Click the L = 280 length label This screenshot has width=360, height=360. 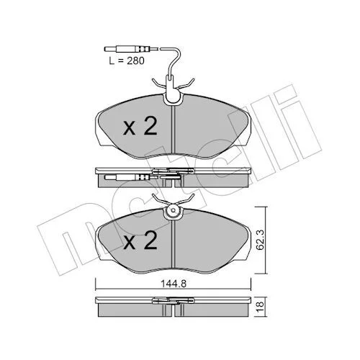point(127,60)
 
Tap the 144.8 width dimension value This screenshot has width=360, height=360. point(174,284)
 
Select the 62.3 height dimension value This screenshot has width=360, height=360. point(260,240)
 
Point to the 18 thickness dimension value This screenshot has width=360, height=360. point(261,307)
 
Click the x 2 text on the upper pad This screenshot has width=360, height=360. point(140,126)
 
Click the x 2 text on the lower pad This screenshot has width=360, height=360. point(140,240)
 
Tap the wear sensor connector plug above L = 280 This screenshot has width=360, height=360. point(131,49)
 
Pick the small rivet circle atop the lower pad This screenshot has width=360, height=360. point(173,210)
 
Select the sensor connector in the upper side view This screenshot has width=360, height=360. point(131,178)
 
